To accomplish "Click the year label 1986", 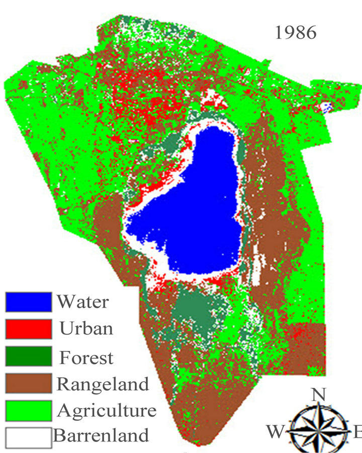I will [296, 33].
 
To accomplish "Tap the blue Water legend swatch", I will [29, 302].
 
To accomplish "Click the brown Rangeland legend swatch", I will [29, 383].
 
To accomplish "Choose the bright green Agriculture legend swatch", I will [29, 410].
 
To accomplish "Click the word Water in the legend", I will [82, 302].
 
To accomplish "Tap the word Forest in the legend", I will [86, 357].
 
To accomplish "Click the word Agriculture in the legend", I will [107, 411].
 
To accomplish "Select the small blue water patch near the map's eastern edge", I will [326, 106].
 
